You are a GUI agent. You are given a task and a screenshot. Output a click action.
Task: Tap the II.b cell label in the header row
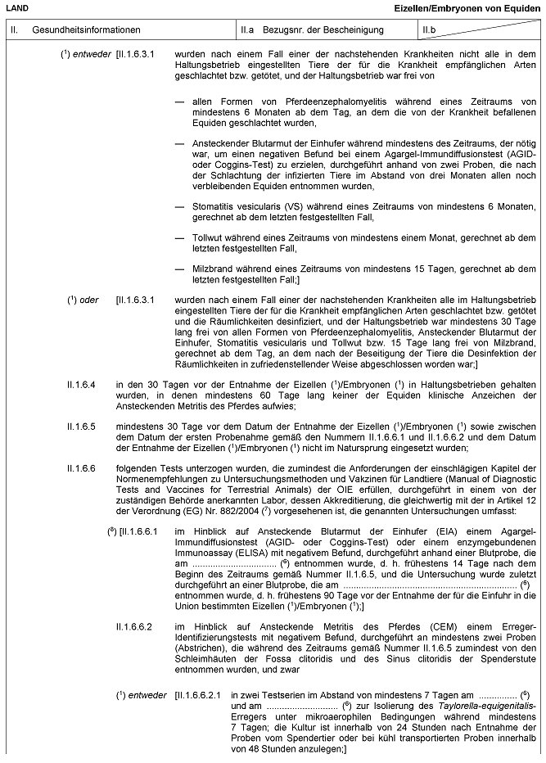(x=429, y=30)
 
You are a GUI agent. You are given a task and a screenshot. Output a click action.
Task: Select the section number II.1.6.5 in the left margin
(x=82, y=426)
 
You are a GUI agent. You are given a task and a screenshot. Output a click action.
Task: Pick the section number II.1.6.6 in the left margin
(x=82, y=469)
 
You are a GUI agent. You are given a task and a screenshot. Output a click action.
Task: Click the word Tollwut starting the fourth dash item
(x=207, y=237)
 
